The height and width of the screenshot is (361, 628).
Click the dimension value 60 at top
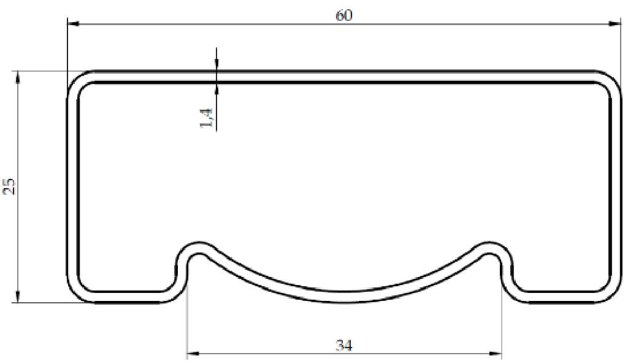tap(343, 15)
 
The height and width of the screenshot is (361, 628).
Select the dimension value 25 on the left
tap(10, 187)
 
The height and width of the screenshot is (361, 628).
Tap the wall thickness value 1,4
tap(207, 118)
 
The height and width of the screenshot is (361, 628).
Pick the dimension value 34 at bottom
tap(344, 345)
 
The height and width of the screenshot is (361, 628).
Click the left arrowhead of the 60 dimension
tap(73, 24)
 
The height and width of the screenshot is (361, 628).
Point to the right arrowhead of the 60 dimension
tap(615, 24)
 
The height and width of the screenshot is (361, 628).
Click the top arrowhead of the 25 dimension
tap(18, 76)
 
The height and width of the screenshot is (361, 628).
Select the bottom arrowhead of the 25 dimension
tap(18, 297)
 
